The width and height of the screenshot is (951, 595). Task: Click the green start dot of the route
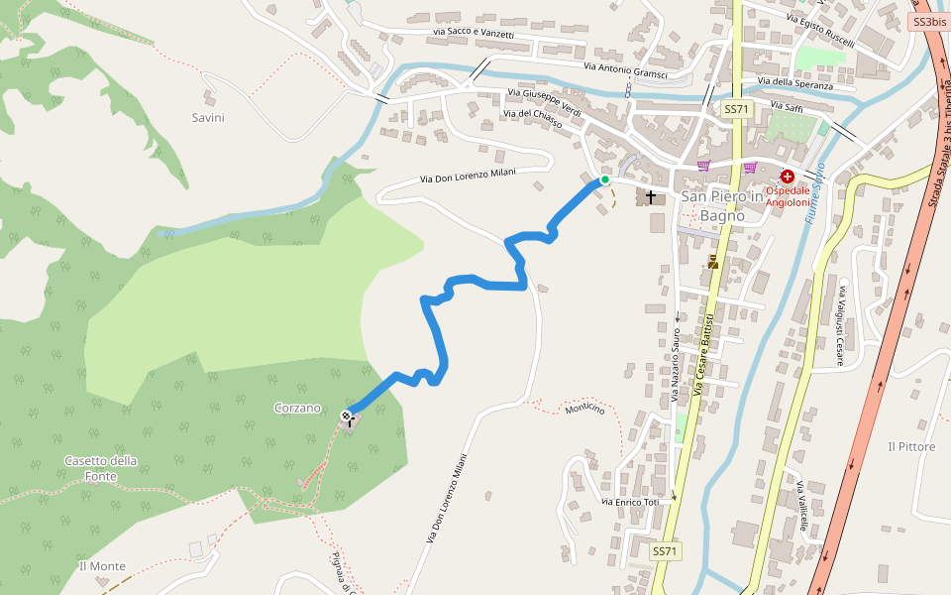(604, 179)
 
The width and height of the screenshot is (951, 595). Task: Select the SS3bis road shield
(928, 22)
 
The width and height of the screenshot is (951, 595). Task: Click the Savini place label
(208, 117)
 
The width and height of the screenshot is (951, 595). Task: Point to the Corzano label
(297, 408)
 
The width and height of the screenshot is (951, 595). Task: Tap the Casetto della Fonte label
(101, 468)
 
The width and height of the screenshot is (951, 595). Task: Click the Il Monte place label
(102, 566)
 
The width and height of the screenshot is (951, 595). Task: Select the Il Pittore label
(911, 447)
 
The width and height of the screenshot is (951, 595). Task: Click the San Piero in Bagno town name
(722, 205)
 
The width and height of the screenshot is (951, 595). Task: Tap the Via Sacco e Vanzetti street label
(474, 34)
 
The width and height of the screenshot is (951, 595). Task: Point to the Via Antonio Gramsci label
(625, 70)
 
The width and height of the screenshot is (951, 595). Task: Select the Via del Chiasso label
(532, 119)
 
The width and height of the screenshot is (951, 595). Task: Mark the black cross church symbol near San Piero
(651, 196)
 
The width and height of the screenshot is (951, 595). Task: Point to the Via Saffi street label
(786, 106)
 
